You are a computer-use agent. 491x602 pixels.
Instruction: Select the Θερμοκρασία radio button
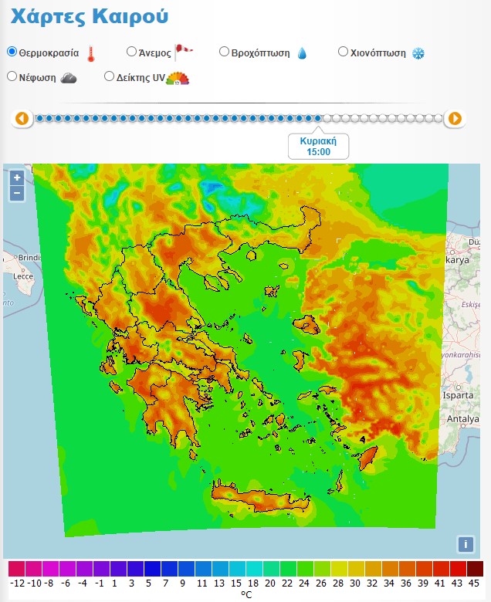coord(12,52)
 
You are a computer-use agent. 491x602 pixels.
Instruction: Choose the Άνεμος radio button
coord(131,52)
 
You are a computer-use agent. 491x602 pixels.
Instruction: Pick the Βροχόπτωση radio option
coord(225,52)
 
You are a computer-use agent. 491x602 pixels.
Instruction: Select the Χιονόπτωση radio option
coord(344,52)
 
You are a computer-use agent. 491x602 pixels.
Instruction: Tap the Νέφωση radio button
coord(12,76)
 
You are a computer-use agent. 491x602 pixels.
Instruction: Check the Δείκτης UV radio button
coord(109,76)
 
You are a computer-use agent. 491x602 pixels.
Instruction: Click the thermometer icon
coord(91,53)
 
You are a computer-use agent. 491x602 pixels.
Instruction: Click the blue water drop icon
coord(302,53)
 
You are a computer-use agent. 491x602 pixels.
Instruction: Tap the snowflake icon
coord(418,53)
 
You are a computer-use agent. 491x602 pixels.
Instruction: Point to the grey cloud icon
coord(68,77)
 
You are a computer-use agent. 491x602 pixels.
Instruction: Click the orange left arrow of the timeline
coord(22,118)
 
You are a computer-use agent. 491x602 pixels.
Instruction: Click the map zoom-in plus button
coord(17,178)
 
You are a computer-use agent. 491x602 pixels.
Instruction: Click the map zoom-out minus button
coord(17,193)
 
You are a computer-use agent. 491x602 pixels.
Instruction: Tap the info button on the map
coord(465,544)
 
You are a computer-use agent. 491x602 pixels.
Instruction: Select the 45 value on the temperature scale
coord(475,583)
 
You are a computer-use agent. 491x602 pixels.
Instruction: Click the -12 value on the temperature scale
coord(17,583)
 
